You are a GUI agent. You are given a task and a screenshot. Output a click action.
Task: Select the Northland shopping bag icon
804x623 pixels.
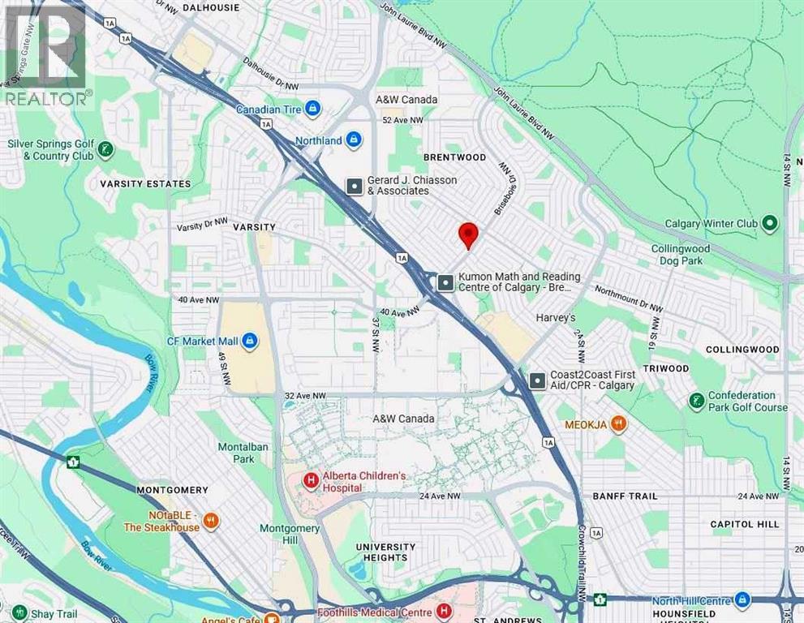[353, 140]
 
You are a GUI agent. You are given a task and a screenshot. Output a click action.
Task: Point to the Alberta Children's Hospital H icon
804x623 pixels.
[310, 481]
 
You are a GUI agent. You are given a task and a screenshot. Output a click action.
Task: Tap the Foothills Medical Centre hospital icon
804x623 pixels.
[444, 610]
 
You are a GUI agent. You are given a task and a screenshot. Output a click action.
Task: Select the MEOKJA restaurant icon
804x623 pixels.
[617, 423]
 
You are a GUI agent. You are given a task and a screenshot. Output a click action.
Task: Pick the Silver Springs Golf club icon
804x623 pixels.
[105, 149]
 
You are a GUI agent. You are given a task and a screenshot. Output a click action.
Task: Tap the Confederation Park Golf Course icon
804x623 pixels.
[696, 401]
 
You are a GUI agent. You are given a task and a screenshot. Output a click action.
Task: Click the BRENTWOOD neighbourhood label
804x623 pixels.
[454, 157]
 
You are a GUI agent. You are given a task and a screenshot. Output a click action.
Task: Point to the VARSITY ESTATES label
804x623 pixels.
[145, 184]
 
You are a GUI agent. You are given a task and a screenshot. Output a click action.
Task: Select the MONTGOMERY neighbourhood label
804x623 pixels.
[172, 490]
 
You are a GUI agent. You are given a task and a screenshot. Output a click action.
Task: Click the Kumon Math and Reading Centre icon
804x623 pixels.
[445, 282]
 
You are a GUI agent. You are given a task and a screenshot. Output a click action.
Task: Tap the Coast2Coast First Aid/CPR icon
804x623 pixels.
[537, 380]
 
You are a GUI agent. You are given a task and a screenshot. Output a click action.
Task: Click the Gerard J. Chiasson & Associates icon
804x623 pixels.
[355, 186]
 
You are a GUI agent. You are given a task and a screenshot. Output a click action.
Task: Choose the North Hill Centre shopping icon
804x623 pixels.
[742, 600]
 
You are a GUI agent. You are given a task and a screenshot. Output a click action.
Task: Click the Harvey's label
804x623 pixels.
[556, 318]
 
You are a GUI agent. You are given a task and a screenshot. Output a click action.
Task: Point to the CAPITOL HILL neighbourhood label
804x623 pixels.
[744, 524]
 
